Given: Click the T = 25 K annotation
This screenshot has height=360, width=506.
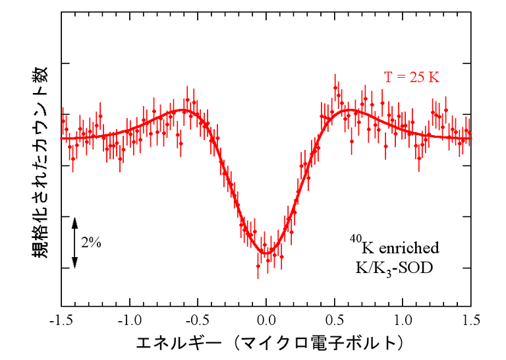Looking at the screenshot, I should [411, 77].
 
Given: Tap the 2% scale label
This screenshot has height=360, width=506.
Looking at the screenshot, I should [91, 242].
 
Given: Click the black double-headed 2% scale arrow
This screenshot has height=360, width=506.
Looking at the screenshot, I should [74, 242].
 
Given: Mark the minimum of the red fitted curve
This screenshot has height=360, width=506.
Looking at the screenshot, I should [266, 253].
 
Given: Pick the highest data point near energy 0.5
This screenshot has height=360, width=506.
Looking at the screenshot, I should [335, 86].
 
